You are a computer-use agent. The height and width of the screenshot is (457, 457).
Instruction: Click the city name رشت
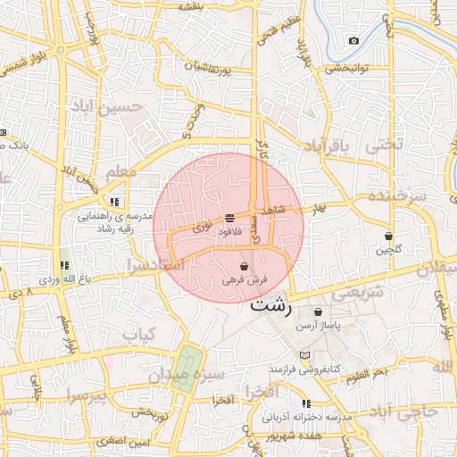[271, 304]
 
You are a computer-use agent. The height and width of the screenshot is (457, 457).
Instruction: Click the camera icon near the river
[354, 41]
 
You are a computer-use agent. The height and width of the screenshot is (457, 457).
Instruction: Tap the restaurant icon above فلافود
[230, 218]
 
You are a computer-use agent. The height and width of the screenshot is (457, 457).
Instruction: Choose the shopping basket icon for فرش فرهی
[245, 266]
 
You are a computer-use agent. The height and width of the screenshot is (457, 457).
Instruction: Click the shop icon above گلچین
[388, 237]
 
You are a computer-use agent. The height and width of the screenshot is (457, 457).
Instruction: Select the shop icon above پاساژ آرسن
[320, 312]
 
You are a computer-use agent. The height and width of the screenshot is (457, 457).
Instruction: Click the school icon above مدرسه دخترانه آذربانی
[307, 403]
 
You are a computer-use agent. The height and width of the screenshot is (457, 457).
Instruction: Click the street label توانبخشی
[346, 68]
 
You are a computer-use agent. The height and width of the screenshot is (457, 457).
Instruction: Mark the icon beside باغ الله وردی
[63, 266]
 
